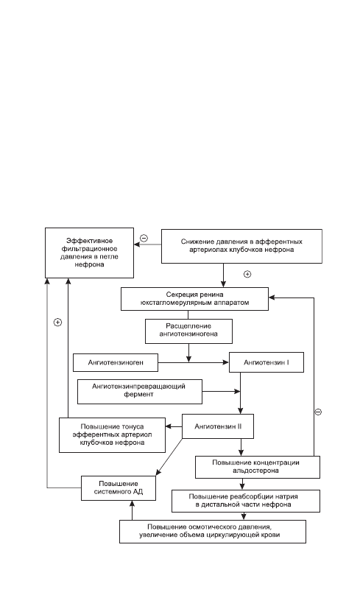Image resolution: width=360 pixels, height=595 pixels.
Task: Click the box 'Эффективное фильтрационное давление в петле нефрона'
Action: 90,253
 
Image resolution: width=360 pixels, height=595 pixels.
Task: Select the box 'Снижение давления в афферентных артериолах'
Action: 241,246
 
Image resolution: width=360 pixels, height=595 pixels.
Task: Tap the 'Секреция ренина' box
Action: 194,299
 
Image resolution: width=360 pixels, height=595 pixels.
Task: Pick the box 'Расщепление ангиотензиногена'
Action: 188,331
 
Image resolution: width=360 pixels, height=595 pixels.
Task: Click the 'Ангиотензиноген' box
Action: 116,362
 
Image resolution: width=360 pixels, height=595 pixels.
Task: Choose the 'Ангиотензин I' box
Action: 267,362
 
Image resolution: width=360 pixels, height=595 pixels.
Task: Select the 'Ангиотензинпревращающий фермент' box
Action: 140,391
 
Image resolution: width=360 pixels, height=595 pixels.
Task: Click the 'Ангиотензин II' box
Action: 218,426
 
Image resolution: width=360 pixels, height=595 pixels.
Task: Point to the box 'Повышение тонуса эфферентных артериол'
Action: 113,435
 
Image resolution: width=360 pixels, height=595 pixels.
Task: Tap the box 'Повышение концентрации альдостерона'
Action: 257,467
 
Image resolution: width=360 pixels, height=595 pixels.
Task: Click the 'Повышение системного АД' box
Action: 119,488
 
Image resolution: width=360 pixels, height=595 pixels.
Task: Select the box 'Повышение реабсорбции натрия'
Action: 246,501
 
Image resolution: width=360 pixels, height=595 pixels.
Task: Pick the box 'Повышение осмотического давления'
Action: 213,531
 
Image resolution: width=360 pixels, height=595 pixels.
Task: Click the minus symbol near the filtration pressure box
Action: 144,239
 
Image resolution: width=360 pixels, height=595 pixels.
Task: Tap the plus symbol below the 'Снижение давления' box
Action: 247,274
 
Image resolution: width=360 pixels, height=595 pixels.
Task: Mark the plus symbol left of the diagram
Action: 57,322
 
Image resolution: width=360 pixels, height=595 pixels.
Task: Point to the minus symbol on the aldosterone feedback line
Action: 318,412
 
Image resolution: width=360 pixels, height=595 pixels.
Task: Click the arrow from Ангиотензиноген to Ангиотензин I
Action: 194,362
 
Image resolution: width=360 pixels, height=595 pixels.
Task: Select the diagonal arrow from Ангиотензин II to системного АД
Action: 169,457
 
